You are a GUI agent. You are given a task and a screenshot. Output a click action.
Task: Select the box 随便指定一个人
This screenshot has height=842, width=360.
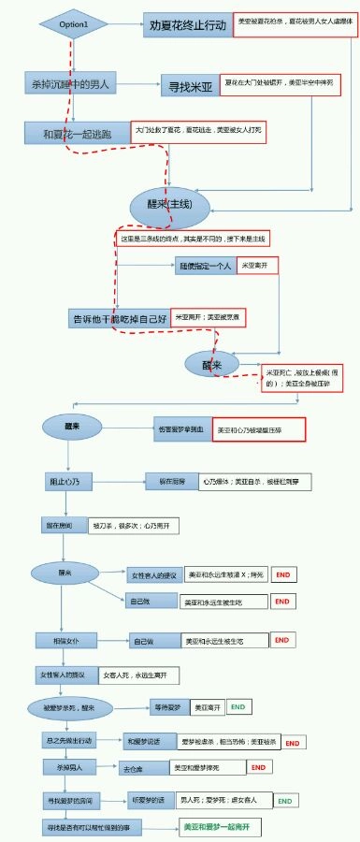[205, 267]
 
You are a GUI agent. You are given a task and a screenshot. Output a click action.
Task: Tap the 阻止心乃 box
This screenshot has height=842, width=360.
[64, 481]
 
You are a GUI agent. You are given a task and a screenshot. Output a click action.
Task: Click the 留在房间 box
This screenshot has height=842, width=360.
[62, 526]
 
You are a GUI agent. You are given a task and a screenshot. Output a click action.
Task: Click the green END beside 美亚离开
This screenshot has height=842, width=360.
[238, 707]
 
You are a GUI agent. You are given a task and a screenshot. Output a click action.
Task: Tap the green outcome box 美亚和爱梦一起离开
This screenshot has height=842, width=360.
[222, 828]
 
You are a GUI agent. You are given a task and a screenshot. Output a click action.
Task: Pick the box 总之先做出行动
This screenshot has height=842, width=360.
[71, 740]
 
